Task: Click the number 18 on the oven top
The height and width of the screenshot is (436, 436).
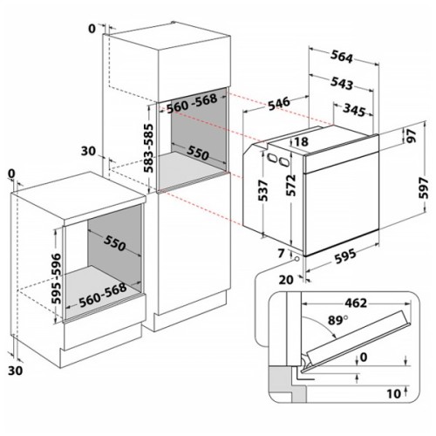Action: [x=302, y=141]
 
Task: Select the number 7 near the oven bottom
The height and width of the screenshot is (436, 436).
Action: [x=283, y=253]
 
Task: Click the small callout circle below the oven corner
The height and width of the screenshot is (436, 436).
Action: [x=297, y=258]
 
